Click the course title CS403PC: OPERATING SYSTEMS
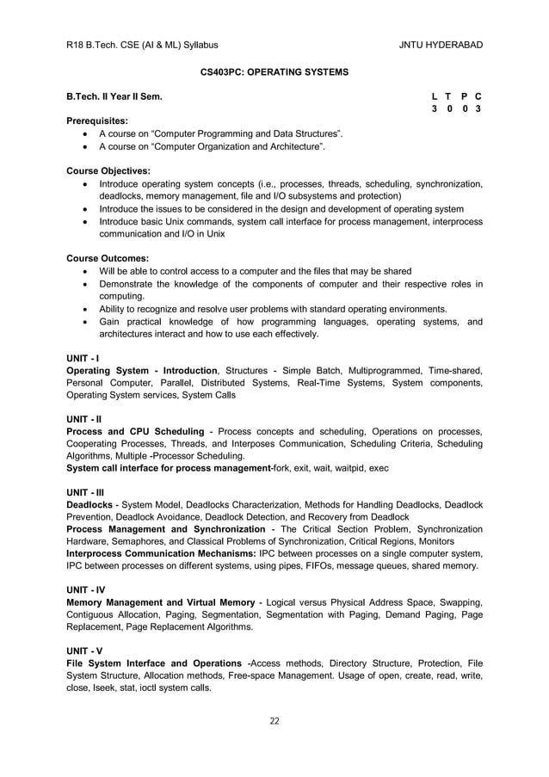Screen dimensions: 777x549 [274, 72]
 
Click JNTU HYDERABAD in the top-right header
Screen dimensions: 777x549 [441, 45]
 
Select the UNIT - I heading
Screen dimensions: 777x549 [83, 357]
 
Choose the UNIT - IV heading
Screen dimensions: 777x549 [86, 589]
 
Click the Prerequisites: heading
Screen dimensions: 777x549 [97, 121]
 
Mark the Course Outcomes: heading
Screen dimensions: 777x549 [108, 258]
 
